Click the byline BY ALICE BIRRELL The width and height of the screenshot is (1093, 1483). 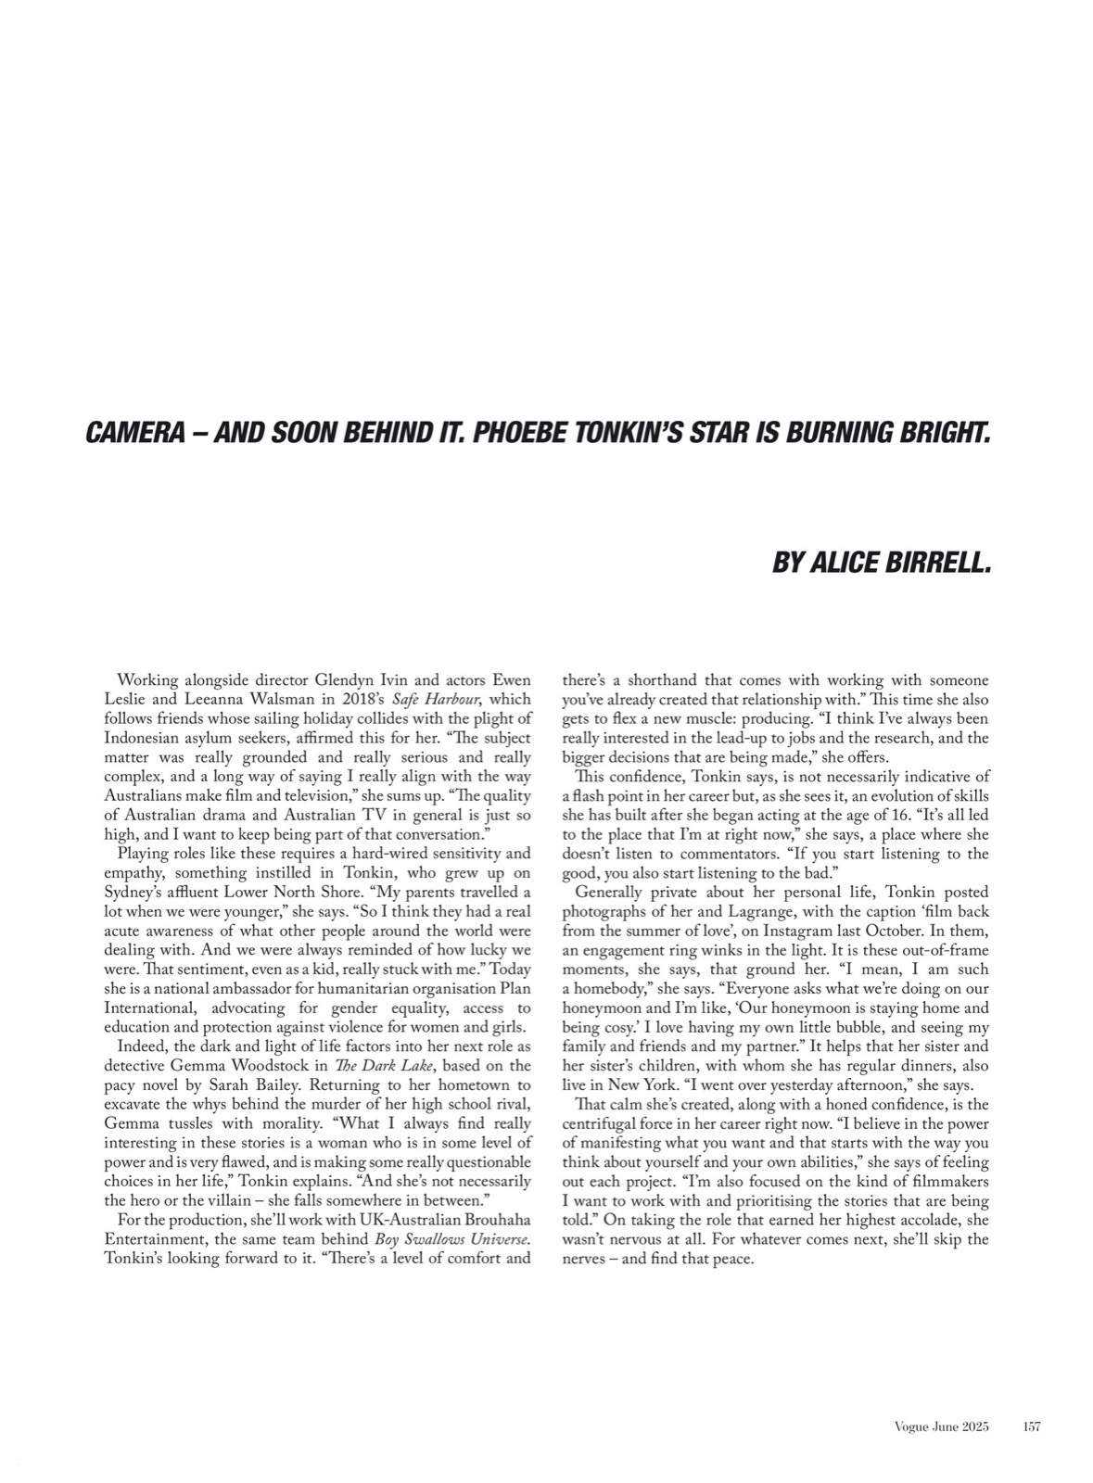click(x=881, y=563)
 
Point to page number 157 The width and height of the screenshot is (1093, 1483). click(x=1032, y=1427)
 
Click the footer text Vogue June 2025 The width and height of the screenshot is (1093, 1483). click(x=935, y=1427)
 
